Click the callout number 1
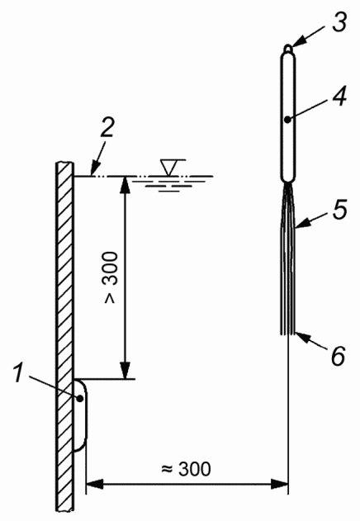point(19,373)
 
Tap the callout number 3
point(339,21)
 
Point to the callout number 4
point(339,97)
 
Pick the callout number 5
point(340,209)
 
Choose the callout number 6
point(339,356)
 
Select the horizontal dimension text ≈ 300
point(186,469)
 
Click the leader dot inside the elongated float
point(288,120)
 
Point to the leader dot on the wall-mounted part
point(80,398)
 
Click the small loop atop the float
point(288,49)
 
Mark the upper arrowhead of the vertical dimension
point(125,185)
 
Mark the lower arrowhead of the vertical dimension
point(125,369)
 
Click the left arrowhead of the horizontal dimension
point(96,484)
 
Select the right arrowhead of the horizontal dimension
point(278,484)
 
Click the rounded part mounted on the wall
point(81,415)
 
